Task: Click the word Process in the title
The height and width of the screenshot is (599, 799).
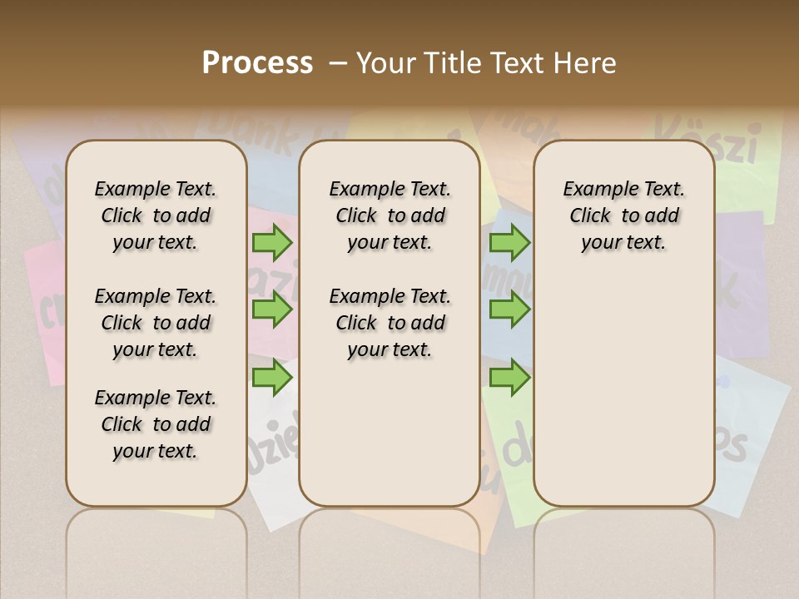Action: [x=257, y=63]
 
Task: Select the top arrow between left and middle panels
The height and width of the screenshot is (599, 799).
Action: [x=272, y=243]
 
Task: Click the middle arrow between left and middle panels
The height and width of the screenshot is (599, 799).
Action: [x=272, y=309]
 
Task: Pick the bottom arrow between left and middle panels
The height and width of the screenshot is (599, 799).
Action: [x=272, y=377]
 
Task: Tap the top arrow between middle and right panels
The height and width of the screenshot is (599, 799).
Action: [x=509, y=243]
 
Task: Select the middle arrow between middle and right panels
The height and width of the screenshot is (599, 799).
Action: [x=509, y=309]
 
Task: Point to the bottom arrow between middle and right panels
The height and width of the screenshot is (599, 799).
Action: [x=509, y=377]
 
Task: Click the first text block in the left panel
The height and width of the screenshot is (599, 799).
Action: [x=156, y=215]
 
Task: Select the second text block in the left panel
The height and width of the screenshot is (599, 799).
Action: [x=156, y=323]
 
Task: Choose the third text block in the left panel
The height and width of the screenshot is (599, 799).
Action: [x=156, y=424]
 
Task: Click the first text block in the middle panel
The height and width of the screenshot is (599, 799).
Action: [x=390, y=215]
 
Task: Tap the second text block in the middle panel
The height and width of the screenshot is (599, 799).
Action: [x=390, y=323]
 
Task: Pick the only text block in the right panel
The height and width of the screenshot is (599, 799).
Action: [x=624, y=215]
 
